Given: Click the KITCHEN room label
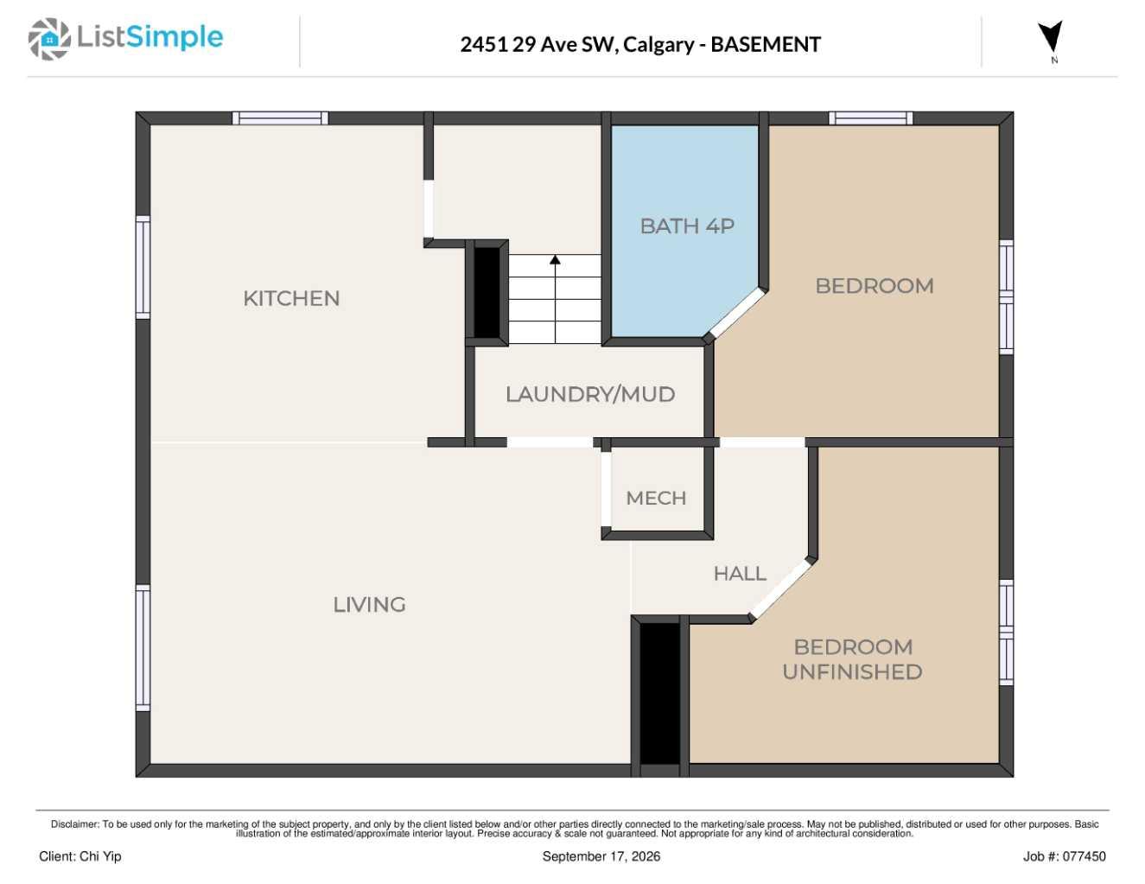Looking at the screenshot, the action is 291,299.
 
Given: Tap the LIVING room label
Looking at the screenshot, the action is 369,605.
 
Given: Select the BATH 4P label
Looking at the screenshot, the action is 687,226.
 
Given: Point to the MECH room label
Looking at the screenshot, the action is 656,498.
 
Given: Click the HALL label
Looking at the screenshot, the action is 740,574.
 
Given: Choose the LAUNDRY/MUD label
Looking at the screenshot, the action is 590,395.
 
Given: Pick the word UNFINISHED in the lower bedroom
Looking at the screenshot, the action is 853,672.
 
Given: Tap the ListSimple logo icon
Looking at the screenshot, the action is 49,39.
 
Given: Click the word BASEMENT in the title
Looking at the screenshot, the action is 766,44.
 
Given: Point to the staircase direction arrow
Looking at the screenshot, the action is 555,299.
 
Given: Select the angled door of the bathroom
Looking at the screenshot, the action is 736,313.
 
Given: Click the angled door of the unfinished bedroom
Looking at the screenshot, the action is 781,589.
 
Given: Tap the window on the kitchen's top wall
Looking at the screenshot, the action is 280,118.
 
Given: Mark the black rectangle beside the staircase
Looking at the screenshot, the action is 487,292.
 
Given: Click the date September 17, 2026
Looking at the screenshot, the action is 601,856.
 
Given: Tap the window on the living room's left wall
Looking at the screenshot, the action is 143,648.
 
